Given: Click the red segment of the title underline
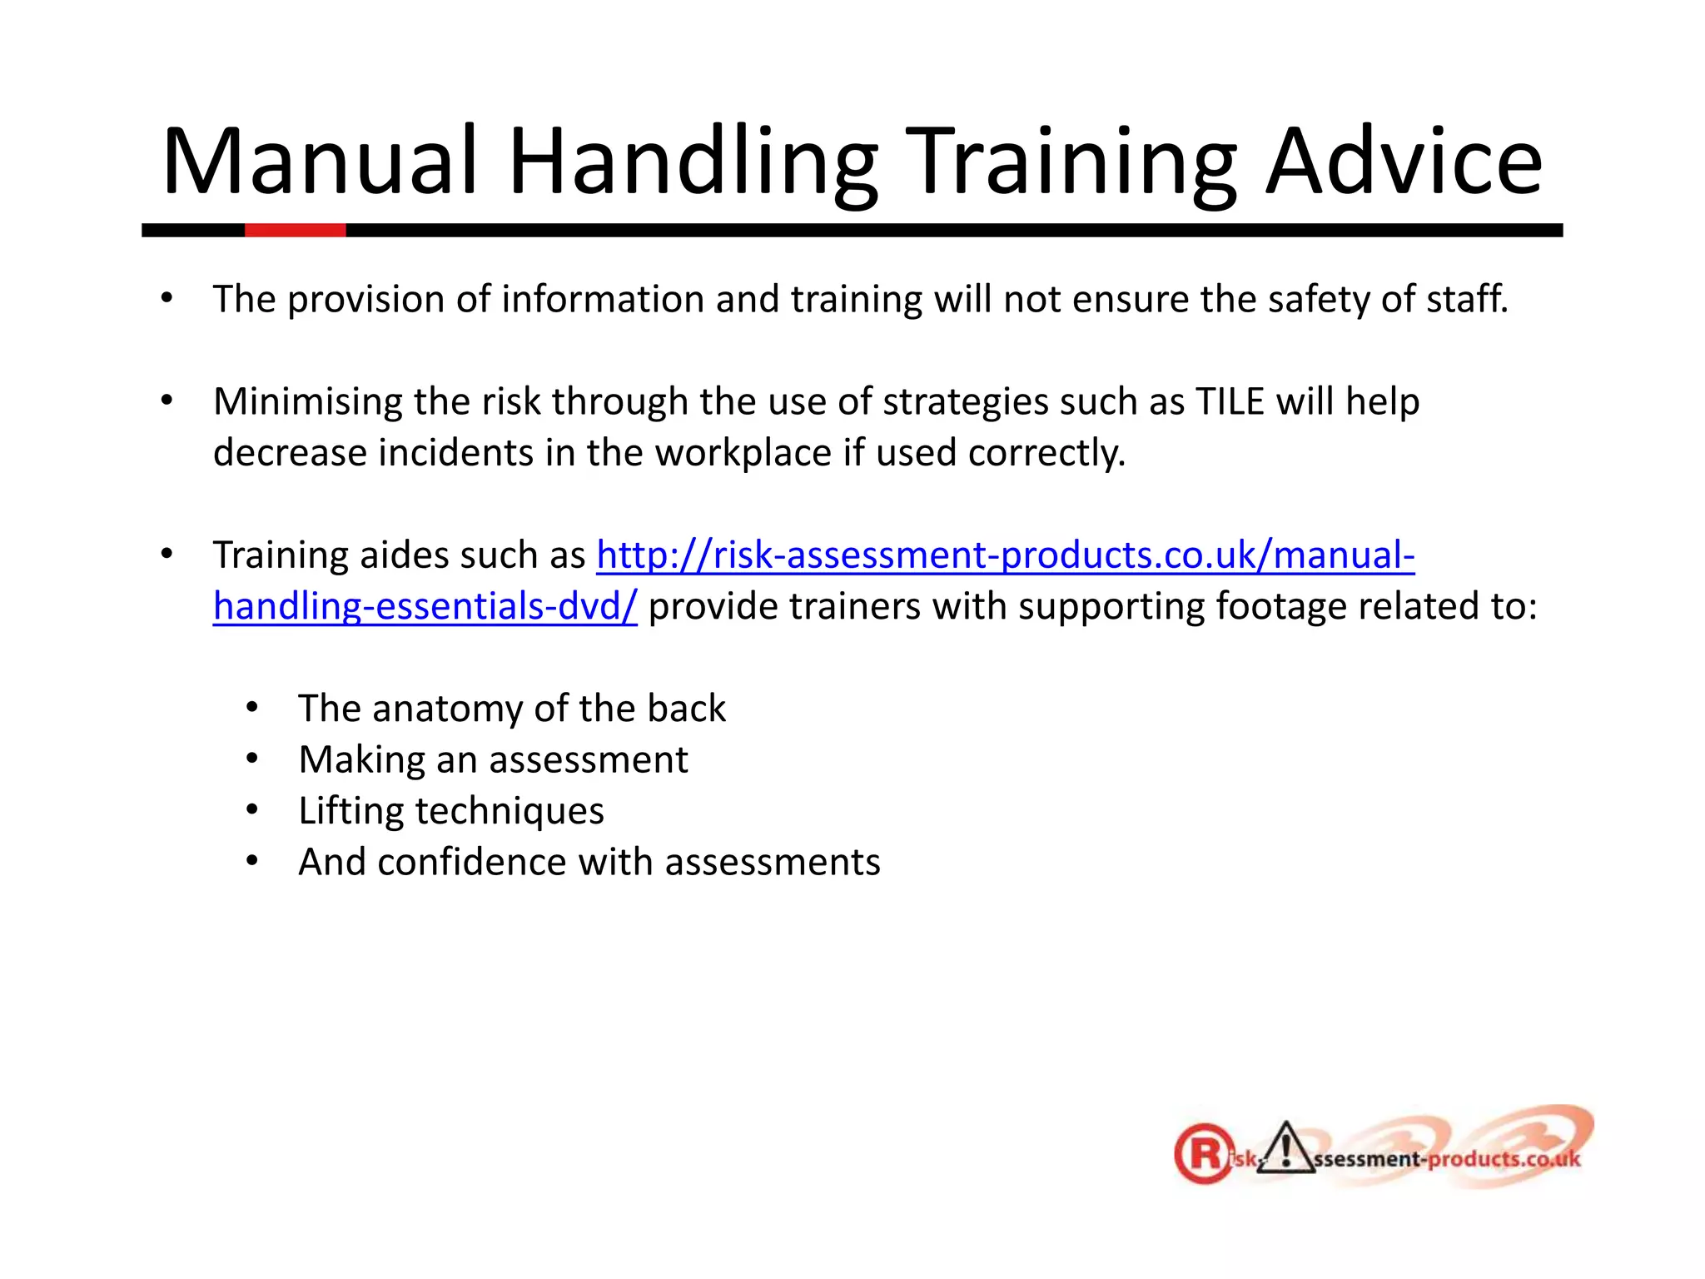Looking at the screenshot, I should coord(295,231).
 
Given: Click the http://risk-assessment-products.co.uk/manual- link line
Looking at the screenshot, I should coord(1005,555).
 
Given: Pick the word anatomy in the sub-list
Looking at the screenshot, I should coord(446,709).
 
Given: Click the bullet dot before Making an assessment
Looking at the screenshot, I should coord(252,759).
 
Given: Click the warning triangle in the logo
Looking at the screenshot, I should coord(1285,1149).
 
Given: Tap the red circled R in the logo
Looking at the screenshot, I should coord(1204,1154).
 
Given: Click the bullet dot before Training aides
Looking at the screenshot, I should coord(167,554).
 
